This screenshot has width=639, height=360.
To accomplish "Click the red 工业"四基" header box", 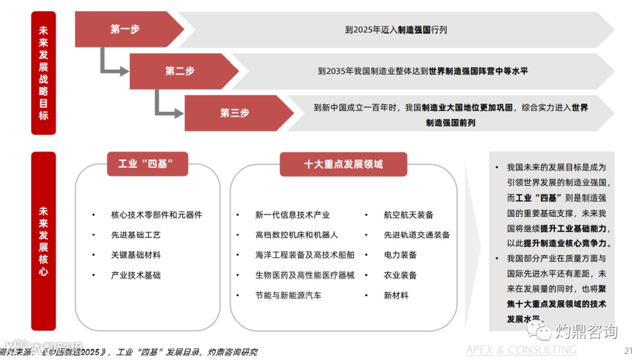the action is (x=147, y=164).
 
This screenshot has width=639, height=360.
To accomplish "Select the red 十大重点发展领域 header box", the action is (x=343, y=164).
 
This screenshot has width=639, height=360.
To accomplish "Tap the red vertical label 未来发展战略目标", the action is (x=43, y=72).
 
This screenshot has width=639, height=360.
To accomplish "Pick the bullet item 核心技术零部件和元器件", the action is (x=156, y=215).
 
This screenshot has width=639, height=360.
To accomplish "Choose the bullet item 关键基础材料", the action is (x=135, y=255).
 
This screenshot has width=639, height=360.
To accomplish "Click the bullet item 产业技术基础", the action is (x=135, y=275).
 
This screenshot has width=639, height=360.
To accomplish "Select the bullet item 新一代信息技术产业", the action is (x=292, y=215).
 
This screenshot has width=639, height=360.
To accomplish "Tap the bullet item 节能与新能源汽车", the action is (x=288, y=295).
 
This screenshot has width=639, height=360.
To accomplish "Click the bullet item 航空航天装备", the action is (x=408, y=215).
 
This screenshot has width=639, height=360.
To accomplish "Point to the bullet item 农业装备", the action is (x=400, y=275).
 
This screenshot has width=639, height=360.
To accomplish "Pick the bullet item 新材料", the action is (x=396, y=295).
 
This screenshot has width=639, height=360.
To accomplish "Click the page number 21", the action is (x=628, y=349).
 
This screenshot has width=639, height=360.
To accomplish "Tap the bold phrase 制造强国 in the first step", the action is (x=414, y=29).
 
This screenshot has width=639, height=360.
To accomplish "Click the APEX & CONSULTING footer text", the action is (x=521, y=350).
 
